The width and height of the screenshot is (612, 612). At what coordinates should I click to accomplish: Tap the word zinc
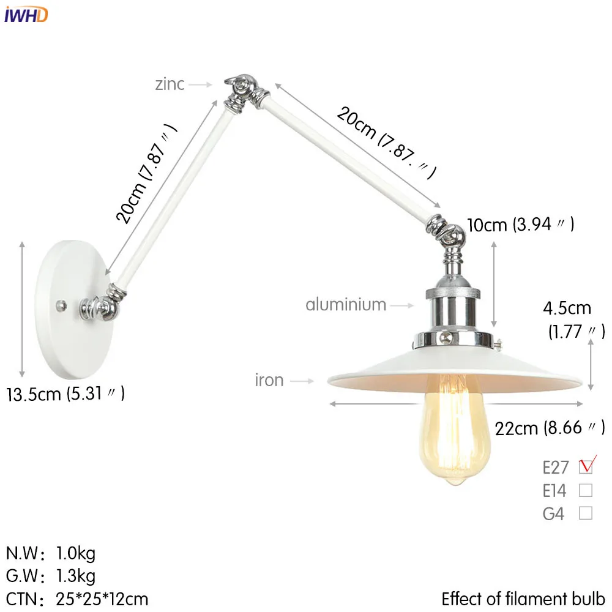(170, 84)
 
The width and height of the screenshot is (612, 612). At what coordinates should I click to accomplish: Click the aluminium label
(346, 304)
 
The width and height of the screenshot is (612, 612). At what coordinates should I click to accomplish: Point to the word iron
(269, 380)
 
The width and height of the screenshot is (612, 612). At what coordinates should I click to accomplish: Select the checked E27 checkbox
(586, 467)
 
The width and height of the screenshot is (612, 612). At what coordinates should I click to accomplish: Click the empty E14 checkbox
(586, 490)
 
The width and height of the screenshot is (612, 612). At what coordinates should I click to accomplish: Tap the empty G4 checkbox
(586, 513)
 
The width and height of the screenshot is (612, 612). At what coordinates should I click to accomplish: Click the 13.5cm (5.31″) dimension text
(66, 394)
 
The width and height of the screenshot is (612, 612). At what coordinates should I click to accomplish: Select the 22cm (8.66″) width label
(550, 427)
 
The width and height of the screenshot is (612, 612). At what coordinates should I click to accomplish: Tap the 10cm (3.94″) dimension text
(521, 225)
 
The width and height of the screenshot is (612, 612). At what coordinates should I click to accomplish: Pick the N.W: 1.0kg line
(51, 554)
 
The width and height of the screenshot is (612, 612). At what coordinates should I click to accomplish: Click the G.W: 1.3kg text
(51, 576)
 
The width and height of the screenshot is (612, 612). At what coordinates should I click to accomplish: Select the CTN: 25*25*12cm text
(77, 598)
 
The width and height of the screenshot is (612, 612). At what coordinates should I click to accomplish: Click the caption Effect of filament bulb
(523, 598)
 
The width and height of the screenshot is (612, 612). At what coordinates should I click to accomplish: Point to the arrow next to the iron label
(301, 381)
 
